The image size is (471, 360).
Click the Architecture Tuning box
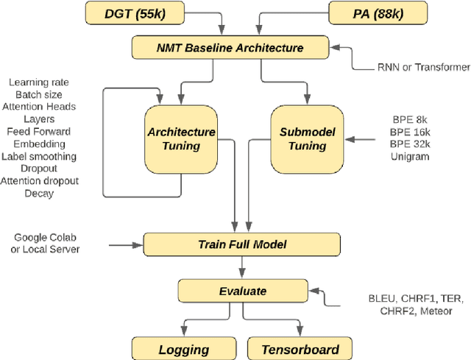pyautogui.click(x=181, y=139)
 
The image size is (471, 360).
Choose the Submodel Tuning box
pyautogui.click(x=307, y=139)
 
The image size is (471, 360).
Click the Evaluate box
pyautogui.click(x=242, y=291)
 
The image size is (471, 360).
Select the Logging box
pyautogui.click(x=184, y=350)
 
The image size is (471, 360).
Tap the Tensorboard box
pyautogui.click(x=300, y=350)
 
